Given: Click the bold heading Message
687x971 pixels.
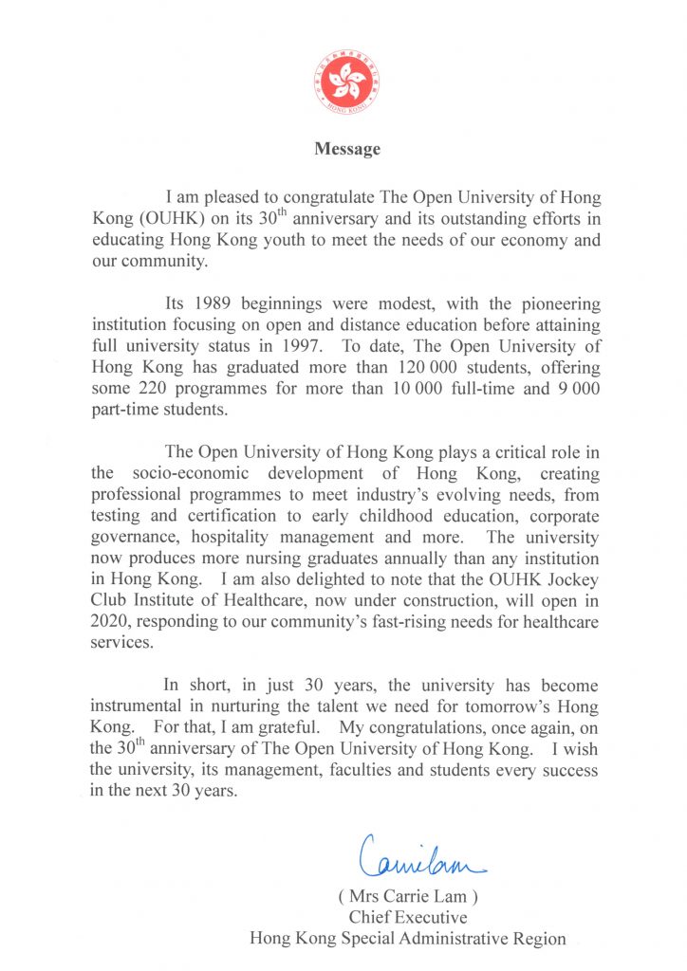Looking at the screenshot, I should (x=347, y=149).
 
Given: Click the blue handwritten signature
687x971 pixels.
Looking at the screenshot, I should (x=418, y=854).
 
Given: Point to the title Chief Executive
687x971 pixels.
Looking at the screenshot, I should (x=407, y=918).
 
